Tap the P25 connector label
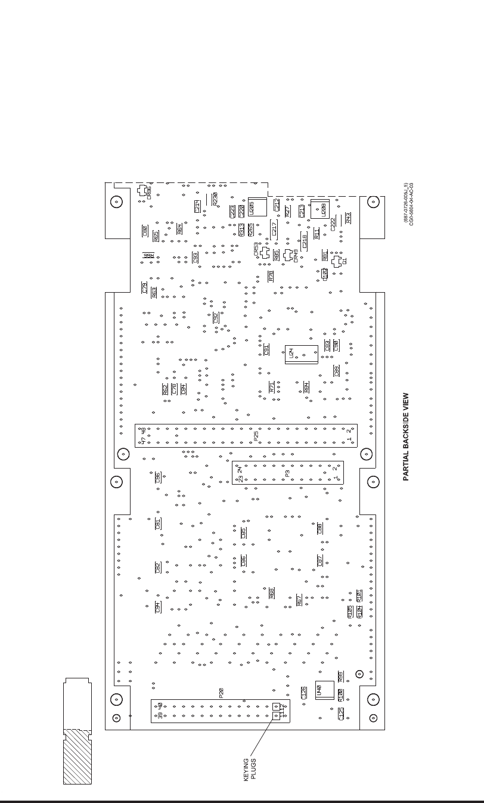[256, 436]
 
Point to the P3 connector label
[287, 473]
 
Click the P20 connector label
[221, 693]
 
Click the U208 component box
[320, 209]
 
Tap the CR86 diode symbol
[142, 190]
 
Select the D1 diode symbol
[337, 261]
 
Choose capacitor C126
[304, 693]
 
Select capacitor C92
[216, 318]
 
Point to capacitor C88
[319, 528]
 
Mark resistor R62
[165, 389]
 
